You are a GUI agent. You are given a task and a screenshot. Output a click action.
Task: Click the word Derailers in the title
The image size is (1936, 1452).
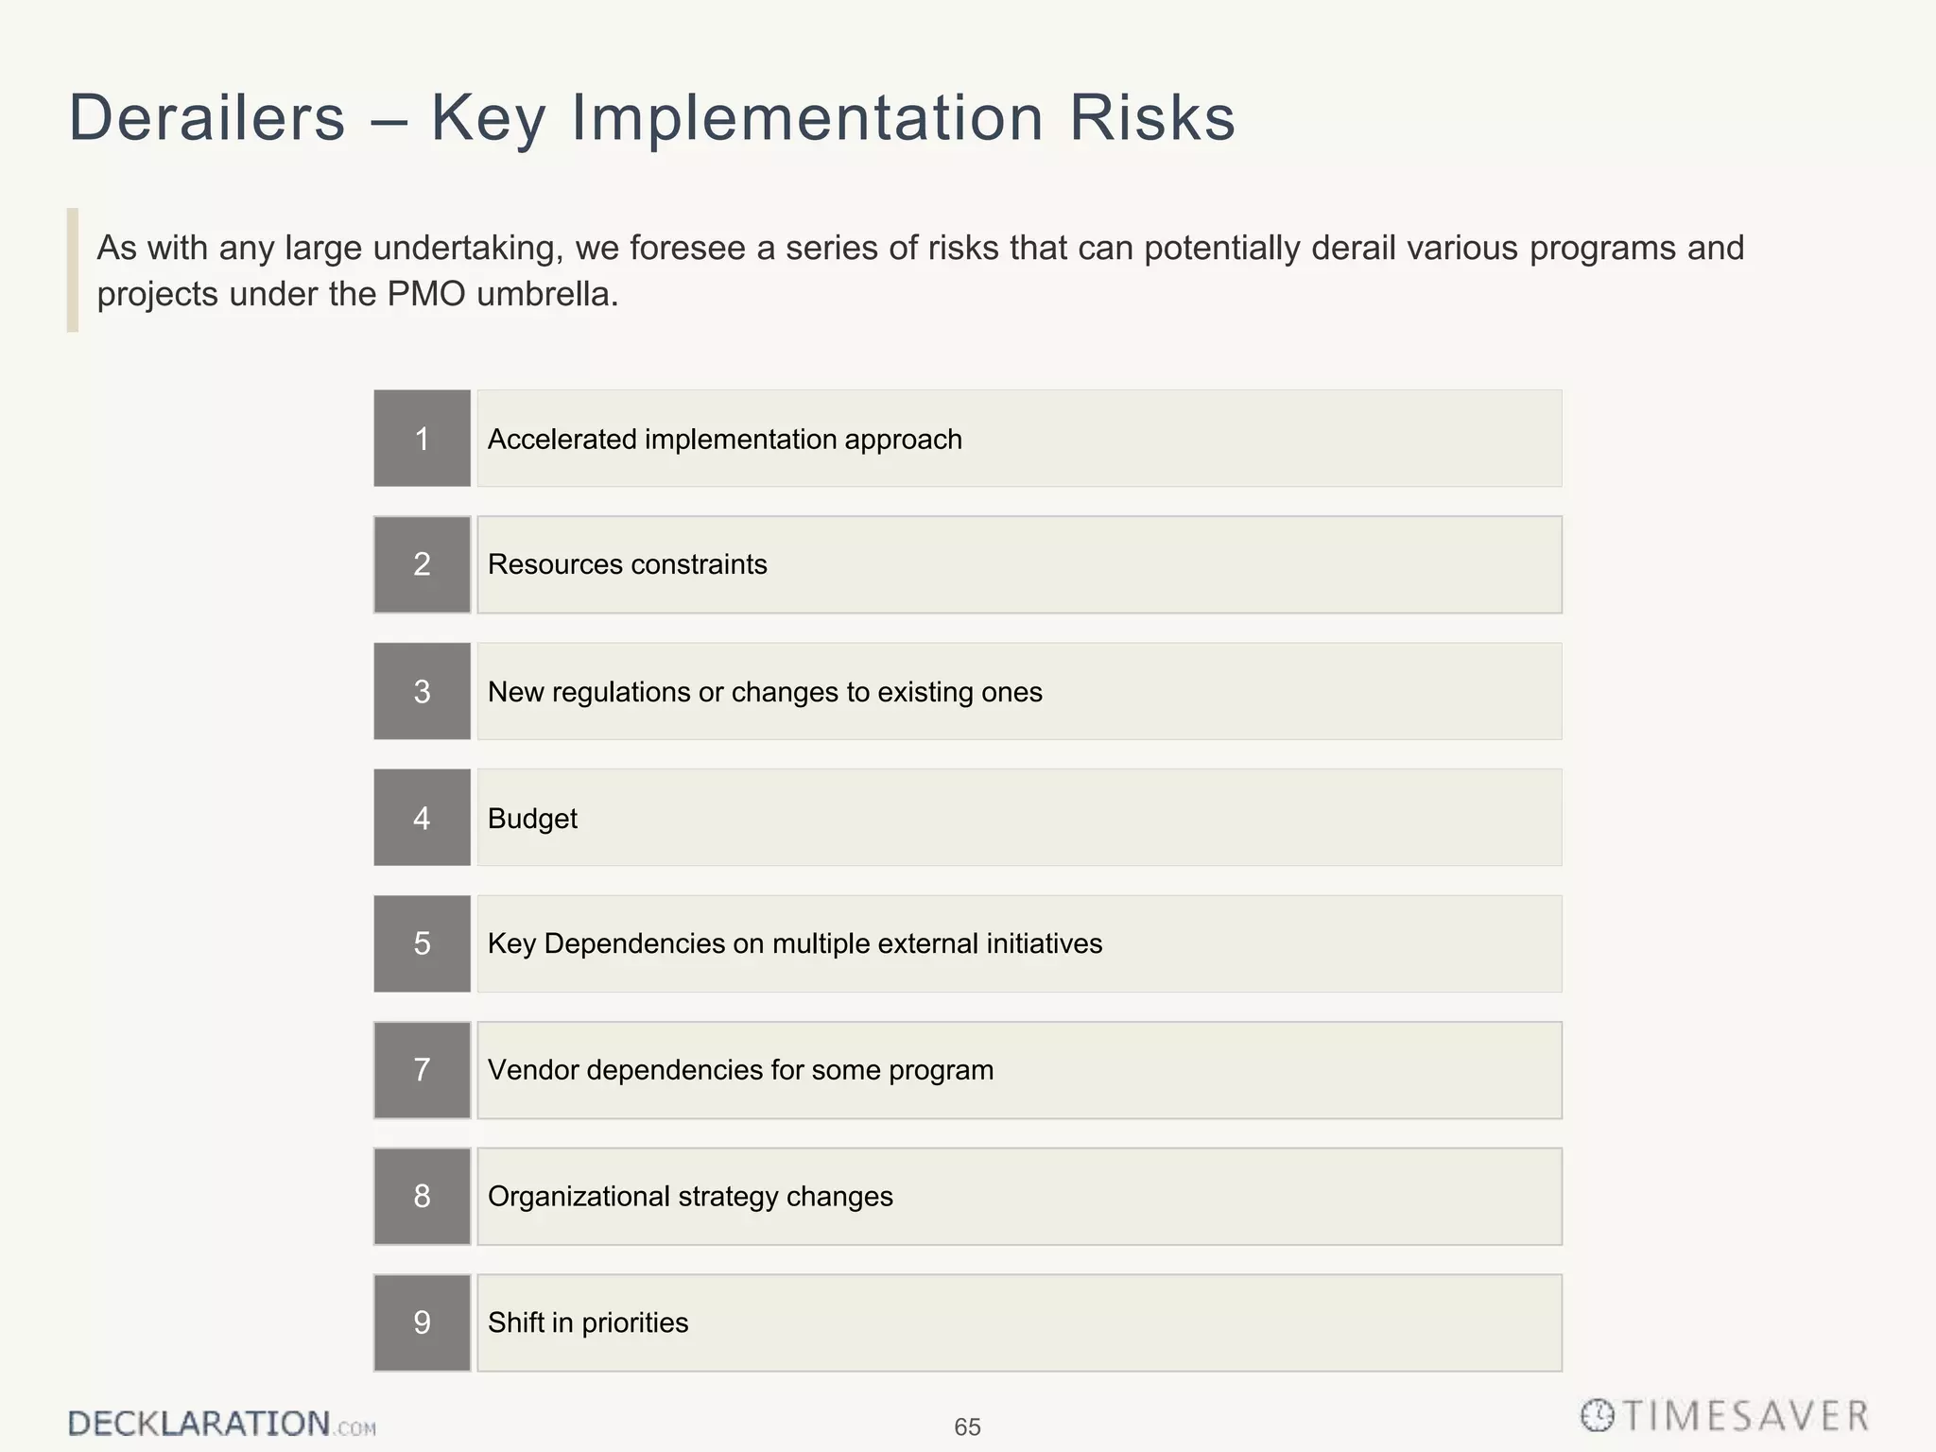coord(207,118)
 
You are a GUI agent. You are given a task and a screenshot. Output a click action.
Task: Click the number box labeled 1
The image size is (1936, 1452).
coord(422,439)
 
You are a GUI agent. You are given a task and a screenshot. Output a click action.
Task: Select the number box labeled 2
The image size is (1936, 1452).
coord(422,564)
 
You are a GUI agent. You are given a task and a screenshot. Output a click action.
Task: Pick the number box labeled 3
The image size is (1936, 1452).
coord(422,691)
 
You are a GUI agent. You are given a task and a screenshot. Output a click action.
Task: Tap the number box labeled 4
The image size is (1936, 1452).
coord(422,818)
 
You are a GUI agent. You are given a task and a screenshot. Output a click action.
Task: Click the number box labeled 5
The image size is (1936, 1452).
coord(422,943)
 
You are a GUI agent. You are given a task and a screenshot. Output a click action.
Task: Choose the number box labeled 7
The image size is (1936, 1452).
coord(422,1070)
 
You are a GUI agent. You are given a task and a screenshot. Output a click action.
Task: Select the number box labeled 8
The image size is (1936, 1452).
coord(422,1196)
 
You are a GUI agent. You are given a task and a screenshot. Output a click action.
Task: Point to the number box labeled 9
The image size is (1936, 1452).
coord(422,1322)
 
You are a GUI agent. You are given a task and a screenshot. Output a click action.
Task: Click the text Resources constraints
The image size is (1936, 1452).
coord(627,564)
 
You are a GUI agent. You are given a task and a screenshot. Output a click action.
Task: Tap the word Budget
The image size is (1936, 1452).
coord(532,819)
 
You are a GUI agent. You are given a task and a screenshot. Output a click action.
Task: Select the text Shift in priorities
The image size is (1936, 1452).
coord(587,1322)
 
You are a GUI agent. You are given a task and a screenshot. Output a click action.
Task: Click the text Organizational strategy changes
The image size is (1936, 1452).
coord(690,1197)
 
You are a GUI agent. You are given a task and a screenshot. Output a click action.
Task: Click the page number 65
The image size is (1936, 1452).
coord(967,1426)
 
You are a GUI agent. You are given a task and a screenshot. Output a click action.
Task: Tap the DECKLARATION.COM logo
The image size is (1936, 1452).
coord(221,1424)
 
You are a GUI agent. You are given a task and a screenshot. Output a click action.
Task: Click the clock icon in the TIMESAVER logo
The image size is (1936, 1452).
coord(1597,1415)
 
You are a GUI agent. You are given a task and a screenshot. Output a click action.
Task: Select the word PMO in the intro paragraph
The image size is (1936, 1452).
coord(426,295)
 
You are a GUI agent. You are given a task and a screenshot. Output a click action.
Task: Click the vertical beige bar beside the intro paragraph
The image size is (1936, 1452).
coord(73,270)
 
